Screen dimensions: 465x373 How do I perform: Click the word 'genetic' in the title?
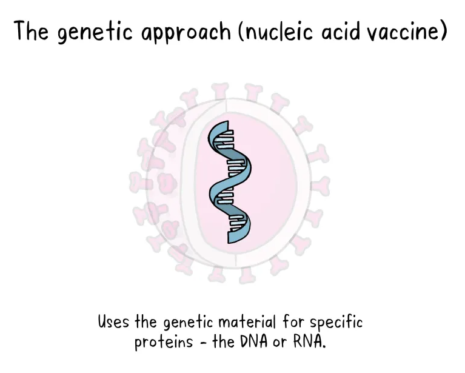tap(95, 32)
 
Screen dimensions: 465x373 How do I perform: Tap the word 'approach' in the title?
tap(186, 33)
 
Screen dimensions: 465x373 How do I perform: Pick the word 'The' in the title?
tap(31, 31)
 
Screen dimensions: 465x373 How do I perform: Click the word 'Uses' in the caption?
tap(113, 321)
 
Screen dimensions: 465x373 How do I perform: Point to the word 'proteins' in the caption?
tap(164, 343)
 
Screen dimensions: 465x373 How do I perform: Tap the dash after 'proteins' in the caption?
tap(203, 343)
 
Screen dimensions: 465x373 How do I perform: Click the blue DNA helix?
tap(230, 182)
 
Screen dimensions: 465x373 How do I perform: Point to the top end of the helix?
tap(228, 121)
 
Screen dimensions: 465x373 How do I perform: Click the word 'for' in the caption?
tap(292, 321)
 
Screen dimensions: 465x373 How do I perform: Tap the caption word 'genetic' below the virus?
tap(189, 323)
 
